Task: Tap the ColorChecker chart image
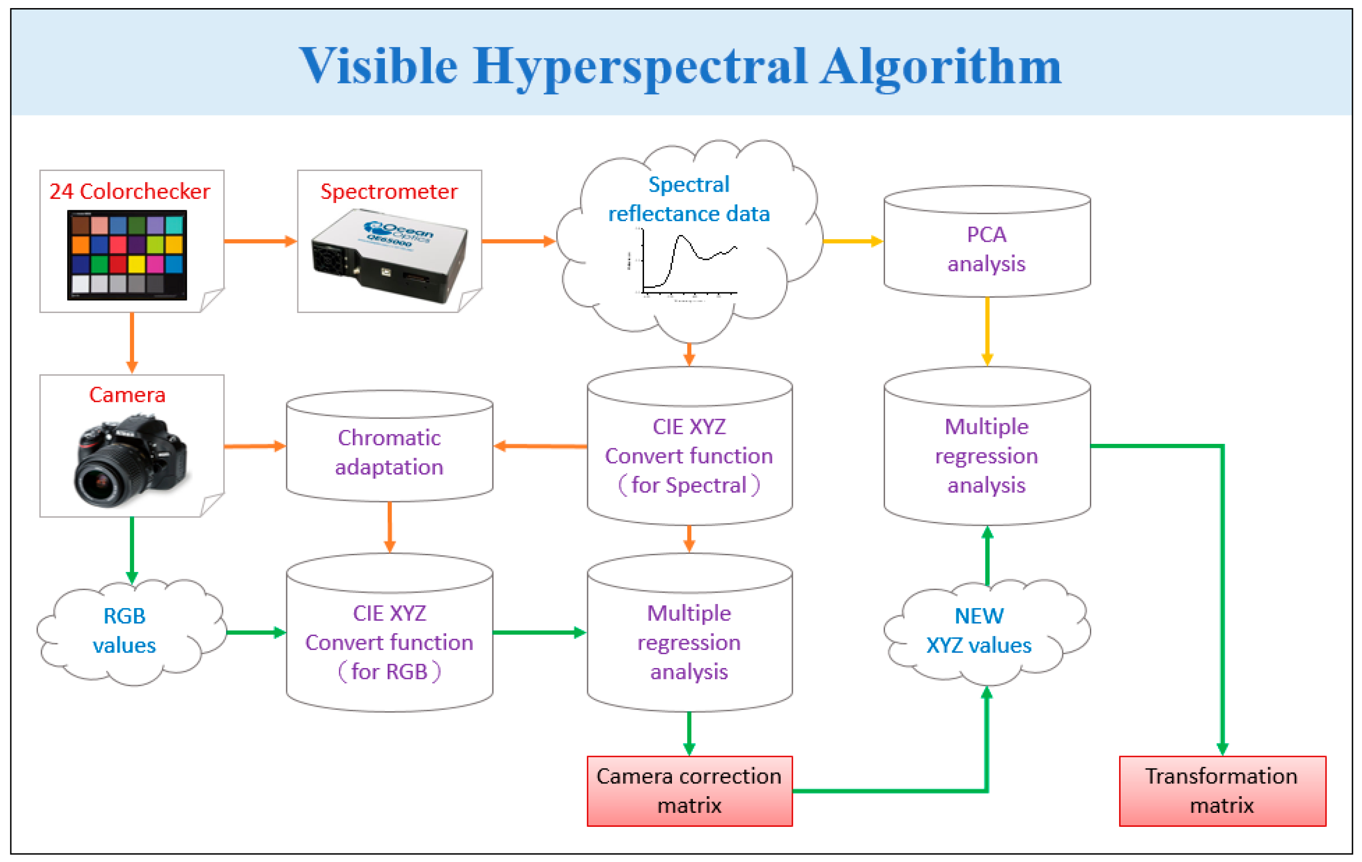tap(127, 254)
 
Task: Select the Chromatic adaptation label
tap(389, 452)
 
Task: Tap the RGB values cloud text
tap(125, 630)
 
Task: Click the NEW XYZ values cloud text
tap(978, 630)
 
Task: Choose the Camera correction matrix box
tap(689, 790)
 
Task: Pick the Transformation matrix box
tap(1222, 790)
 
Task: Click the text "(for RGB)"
tap(389, 672)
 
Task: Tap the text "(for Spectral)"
tap(689, 485)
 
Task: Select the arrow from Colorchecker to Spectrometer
tap(260, 241)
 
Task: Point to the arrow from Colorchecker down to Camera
tap(132, 342)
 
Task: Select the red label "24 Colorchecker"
tap(130, 192)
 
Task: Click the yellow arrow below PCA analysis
tap(987, 331)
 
